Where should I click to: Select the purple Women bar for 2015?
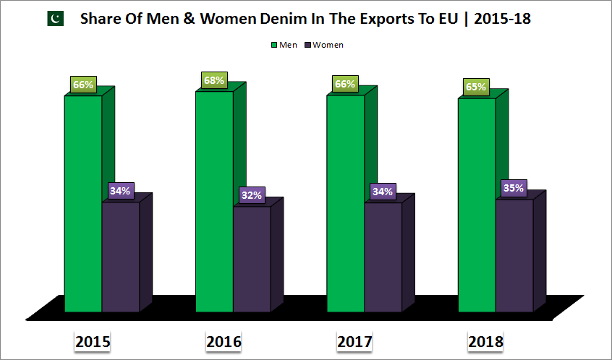point(121,257)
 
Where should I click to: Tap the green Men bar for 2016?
point(214,202)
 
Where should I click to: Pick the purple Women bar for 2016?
point(252,259)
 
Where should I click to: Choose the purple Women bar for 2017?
point(383,257)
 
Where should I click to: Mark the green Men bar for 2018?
point(477,205)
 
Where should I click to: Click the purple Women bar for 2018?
point(514,255)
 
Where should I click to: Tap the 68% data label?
point(213,80)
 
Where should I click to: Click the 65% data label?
point(476,87)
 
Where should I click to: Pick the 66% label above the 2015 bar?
point(82,85)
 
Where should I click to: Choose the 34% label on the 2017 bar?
point(383,192)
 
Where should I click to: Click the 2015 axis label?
point(93,341)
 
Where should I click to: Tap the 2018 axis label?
point(485,341)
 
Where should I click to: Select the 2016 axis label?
point(224,341)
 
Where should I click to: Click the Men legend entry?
point(284,45)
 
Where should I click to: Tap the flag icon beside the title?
point(56,19)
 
